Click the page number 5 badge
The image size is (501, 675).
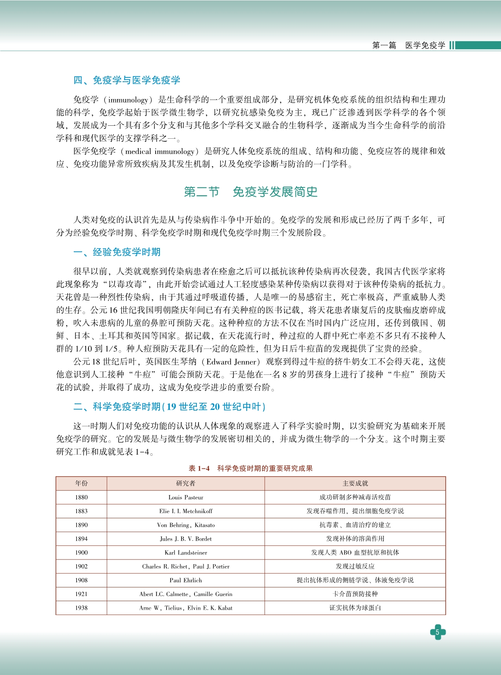[x=437, y=632]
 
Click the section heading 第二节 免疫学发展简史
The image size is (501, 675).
[x=250, y=192]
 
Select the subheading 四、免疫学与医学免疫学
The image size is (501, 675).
[x=127, y=80]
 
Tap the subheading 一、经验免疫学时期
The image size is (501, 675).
[x=117, y=252]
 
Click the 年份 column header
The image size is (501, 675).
[x=81, y=483]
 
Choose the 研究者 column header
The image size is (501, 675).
[x=185, y=483]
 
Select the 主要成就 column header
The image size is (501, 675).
[x=355, y=483]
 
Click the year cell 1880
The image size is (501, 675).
[x=81, y=497]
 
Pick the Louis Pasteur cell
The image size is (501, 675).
[x=185, y=497]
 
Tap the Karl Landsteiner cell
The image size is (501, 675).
[x=185, y=552]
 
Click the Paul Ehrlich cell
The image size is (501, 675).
[x=185, y=580]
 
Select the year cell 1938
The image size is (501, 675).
[x=81, y=608]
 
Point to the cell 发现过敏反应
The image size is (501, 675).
[x=355, y=566]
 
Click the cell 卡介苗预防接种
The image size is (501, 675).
[x=355, y=594]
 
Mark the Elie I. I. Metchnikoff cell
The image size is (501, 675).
[x=185, y=511]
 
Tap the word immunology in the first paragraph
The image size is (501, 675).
[x=128, y=100]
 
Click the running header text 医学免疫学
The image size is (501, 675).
[x=425, y=46]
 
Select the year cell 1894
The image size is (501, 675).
[x=81, y=539]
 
